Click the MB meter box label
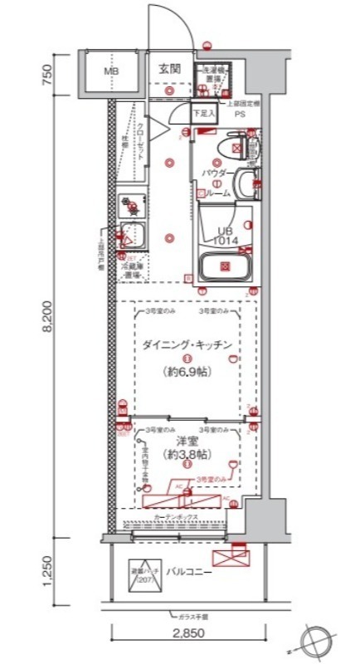pyautogui.click(x=111, y=71)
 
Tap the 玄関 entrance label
pyautogui.click(x=169, y=70)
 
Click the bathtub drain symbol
pyautogui.click(x=225, y=266)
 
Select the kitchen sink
pyautogui.click(x=132, y=237)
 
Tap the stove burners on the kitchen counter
pyautogui.click(x=131, y=204)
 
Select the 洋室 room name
pyautogui.click(x=183, y=441)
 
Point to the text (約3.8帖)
pyautogui.click(x=184, y=456)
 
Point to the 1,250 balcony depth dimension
pyautogui.click(x=49, y=574)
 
